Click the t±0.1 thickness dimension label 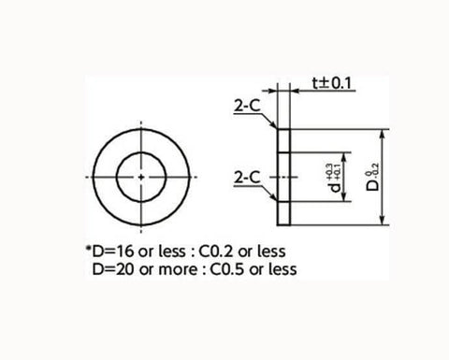point(332,83)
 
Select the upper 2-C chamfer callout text point(247,107)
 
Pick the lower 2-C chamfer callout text point(247,178)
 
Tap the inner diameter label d point(336,187)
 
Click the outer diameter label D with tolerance point(372,177)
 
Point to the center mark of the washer point(141,177)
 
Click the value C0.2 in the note point(216,252)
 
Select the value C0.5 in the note point(227,269)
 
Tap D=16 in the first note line point(113,252)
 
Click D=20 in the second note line point(113,269)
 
